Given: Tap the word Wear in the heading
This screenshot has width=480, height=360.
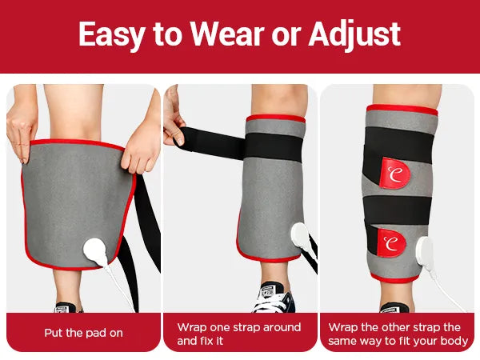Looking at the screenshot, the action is pyautogui.click(x=227, y=34).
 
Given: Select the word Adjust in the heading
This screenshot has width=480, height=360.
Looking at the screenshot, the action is pyautogui.click(x=354, y=35).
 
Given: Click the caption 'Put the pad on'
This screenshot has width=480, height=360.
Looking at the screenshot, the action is pyautogui.click(x=83, y=333).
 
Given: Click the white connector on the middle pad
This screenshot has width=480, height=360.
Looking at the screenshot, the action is pyautogui.click(x=300, y=238).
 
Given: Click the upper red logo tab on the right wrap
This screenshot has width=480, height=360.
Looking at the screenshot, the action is pyautogui.click(x=394, y=173).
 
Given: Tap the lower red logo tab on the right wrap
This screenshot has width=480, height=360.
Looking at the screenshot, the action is pyautogui.click(x=391, y=243).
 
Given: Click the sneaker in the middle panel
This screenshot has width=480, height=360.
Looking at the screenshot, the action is pyautogui.click(x=274, y=298).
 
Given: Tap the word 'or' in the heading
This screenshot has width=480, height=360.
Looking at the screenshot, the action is pyautogui.click(x=286, y=36).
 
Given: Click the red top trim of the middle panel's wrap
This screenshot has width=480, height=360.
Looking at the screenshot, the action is pyautogui.click(x=275, y=118).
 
